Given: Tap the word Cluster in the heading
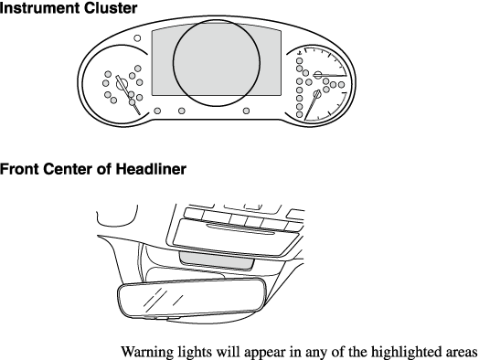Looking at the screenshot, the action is click(x=111, y=7).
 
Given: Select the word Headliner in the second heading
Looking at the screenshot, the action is click(x=151, y=169).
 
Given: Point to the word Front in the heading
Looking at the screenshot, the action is click(x=19, y=169).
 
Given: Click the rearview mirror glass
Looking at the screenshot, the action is click(x=191, y=299).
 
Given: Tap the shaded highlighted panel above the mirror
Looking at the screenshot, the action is click(x=217, y=261).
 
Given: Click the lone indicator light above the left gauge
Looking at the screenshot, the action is click(x=137, y=38).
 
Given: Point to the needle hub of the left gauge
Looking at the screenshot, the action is click(x=122, y=83).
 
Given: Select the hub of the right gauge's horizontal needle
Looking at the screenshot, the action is click(x=318, y=74).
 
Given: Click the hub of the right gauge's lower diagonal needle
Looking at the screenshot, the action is click(x=317, y=93).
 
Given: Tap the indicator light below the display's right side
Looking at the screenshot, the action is click(x=246, y=111).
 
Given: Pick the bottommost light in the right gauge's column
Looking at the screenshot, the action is click(x=300, y=114).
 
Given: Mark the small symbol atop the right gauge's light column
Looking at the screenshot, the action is click(x=300, y=54).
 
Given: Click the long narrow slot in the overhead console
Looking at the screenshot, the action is click(x=240, y=229).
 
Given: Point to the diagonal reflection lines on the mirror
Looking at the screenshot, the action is click(x=163, y=298).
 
